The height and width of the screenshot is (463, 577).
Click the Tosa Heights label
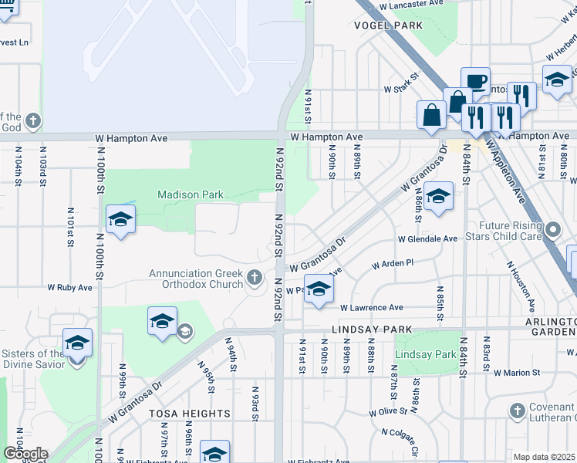click(x=190, y=414)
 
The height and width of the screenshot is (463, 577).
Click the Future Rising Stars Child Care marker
click(x=552, y=229)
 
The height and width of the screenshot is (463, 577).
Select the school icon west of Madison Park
click(x=120, y=221)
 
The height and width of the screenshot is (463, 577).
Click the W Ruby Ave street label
click(x=69, y=287)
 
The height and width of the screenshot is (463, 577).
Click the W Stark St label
click(x=400, y=89)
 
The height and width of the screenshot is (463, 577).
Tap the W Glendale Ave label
click(x=427, y=239)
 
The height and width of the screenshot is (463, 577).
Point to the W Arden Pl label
click(x=393, y=264)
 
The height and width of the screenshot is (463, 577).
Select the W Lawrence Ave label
click(x=372, y=307)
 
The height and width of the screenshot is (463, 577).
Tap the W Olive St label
click(x=387, y=411)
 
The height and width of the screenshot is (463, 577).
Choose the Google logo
click(x=25, y=455)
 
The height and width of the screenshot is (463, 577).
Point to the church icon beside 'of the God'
click(x=32, y=120)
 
